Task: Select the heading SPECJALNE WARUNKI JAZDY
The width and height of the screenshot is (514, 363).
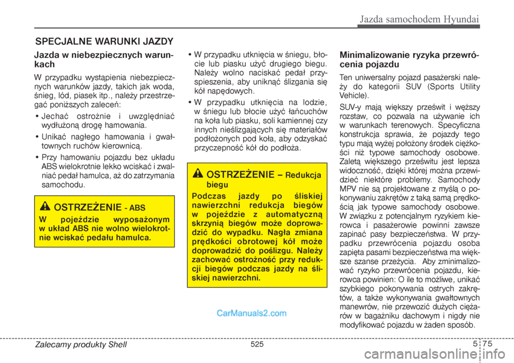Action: (104, 41)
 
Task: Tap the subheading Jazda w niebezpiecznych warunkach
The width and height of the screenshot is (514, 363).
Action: (103, 59)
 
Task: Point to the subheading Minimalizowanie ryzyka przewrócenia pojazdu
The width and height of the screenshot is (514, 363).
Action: (409, 59)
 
